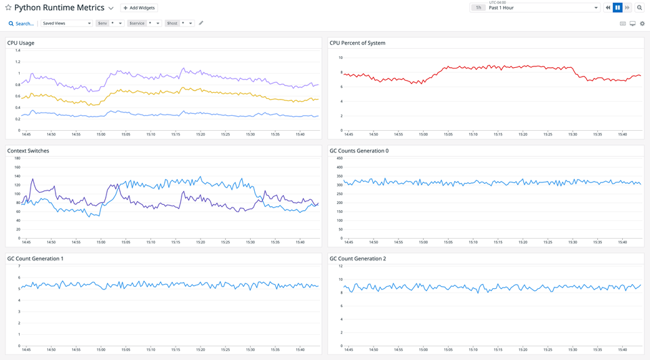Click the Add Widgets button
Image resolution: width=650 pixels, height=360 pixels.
pyautogui.click(x=139, y=8)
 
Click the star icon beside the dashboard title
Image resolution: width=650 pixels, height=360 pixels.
pyautogui.click(x=8, y=8)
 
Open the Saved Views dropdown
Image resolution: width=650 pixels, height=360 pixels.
pyautogui.click(x=66, y=23)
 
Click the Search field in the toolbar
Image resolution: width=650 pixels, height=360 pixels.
pyautogui.click(x=21, y=24)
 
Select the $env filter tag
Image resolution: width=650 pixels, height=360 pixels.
pyautogui.click(x=102, y=23)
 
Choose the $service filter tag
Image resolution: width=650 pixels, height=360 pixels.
pyautogui.click(x=137, y=23)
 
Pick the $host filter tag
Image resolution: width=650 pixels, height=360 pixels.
pyautogui.click(x=172, y=23)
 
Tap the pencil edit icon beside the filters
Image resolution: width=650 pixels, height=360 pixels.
pyautogui.click(x=201, y=23)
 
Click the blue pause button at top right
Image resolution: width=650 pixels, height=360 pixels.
pyautogui.click(x=617, y=7)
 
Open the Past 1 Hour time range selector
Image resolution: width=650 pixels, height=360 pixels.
pyautogui.click(x=542, y=7)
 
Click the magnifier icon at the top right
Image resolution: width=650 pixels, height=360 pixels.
pyautogui.click(x=639, y=7)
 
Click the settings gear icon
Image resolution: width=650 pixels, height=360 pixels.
pyautogui.click(x=643, y=24)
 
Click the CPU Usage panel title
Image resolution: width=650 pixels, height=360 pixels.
pyautogui.click(x=21, y=43)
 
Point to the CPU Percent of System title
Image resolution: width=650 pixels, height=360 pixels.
pyautogui.click(x=357, y=43)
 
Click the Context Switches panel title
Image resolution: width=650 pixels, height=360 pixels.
pyautogui.click(x=28, y=151)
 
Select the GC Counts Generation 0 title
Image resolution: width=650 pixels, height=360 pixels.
pyautogui.click(x=359, y=151)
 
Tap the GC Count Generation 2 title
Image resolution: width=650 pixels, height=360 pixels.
pyautogui.click(x=358, y=258)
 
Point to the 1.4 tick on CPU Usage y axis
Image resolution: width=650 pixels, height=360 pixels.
pyautogui.click(x=17, y=50)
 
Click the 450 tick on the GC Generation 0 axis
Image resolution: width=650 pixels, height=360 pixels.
pyautogui.click(x=340, y=158)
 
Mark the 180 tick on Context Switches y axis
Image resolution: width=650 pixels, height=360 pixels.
pyautogui.click(x=17, y=158)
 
